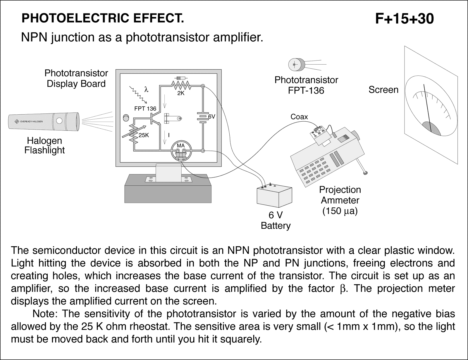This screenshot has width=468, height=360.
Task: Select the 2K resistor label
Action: pyautogui.click(x=181, y=93)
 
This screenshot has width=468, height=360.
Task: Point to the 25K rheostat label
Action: pyautogui.click(x=144, y=135)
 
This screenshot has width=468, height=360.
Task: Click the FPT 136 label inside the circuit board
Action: pyautogui.click(x=145, y=108)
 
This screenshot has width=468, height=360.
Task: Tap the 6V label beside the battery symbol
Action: pyautogui.click(x=211, y=117)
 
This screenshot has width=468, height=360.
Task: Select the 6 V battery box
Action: pyautogui.click(x=274, y=197)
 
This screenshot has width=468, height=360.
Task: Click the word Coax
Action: pyautogui.click(x=299, y=117)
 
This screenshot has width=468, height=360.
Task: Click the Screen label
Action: pyautogui.click(x=383, y=89)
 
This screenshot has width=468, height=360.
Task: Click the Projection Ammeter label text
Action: pyautogui.click(x=340, y=195)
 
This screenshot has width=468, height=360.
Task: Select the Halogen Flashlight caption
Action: pyautogui.click(x=44, y=145)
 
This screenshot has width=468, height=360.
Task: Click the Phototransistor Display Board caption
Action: pyautogui.click(x=76, y=78)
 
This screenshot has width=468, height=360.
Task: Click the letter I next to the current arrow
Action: pyautogui.click(x=169, y=135)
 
